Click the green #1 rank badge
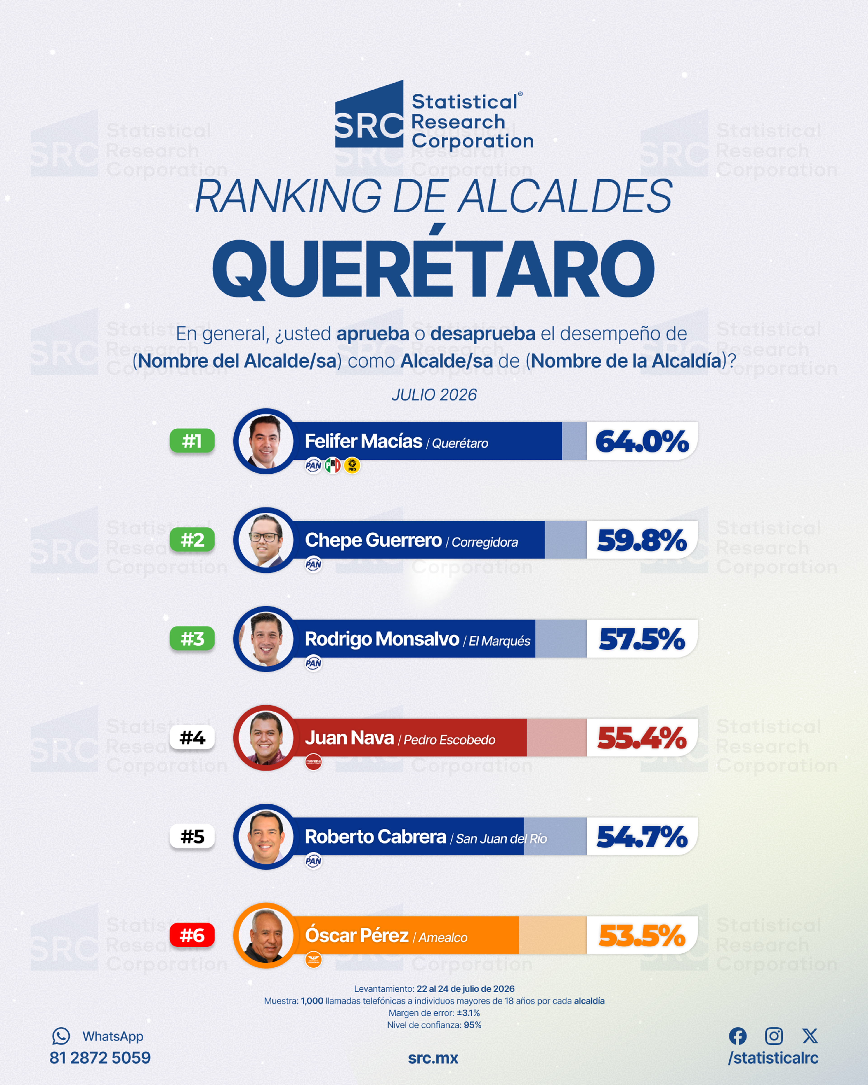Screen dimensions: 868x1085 pyautogui.click(x=192, y=441)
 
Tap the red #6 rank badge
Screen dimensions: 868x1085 pyautogui.click(x=192, y=936)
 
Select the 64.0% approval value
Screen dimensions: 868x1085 pyautogui.click(x=642, y=441)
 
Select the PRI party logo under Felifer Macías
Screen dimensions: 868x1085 pyautogui.click(x=333, y=465)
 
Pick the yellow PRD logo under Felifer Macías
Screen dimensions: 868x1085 pyautogui.click(x=352, y=465)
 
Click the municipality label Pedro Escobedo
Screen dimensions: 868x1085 pyautogui.click(x=449, y=740)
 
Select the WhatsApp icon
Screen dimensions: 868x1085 pyautogui.click(x=61, y=1036)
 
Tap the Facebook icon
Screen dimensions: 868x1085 pyautogui.click(x=738, y=1036)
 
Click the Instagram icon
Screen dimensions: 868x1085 pyautogui.click(x=774, y=1036)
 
